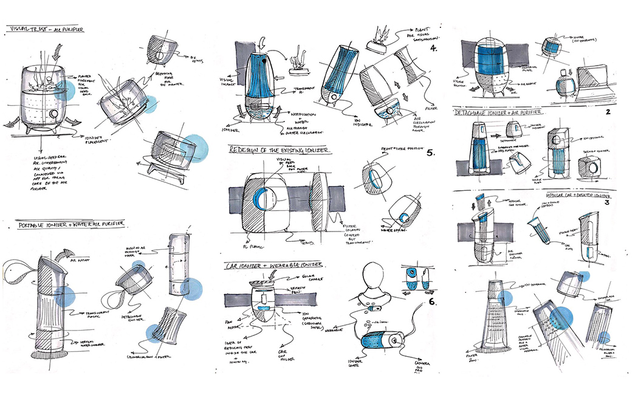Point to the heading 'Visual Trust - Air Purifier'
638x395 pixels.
point(46,29)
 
